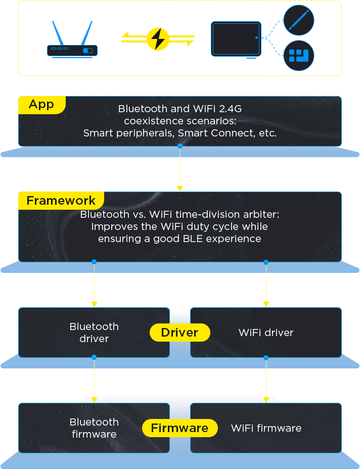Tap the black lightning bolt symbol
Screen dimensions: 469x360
(158, 38)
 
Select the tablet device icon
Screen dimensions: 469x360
(236, 39)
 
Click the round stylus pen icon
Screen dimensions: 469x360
(298, 21)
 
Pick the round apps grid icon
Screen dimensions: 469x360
(298, 56)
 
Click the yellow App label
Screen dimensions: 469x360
(41, 105)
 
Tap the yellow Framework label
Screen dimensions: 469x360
(61, 201)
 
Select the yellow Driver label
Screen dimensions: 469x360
(179, 333)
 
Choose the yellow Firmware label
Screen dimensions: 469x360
(179, 428)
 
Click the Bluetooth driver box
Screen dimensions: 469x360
(94, 333)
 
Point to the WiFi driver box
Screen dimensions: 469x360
(266, 333)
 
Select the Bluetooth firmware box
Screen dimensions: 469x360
(94, 428)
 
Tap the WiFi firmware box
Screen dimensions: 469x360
(266, 428)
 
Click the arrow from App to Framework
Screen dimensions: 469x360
(179, 169)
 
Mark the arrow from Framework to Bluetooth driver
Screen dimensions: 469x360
(94, 285)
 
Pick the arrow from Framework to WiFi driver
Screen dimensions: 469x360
(266, 285)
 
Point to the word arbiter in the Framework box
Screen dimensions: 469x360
(259, 214)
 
